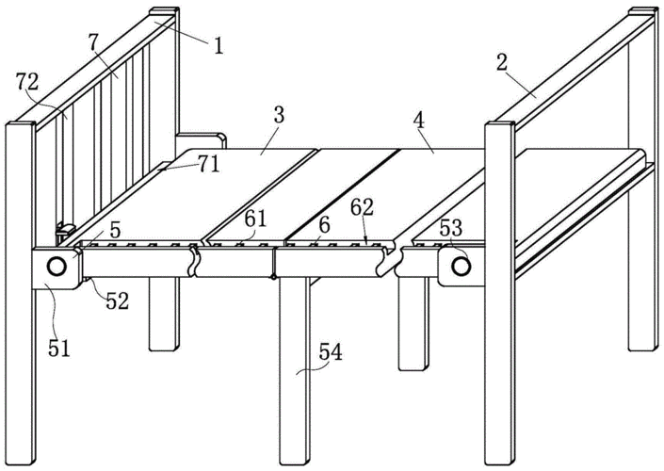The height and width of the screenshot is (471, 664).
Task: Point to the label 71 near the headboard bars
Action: [x=209, y=162]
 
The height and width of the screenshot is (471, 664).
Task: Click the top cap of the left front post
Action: [x=21, y=124]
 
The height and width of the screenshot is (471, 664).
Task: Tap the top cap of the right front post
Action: [x=499, y=123]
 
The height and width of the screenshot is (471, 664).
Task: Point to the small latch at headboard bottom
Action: [x=66, y=228]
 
